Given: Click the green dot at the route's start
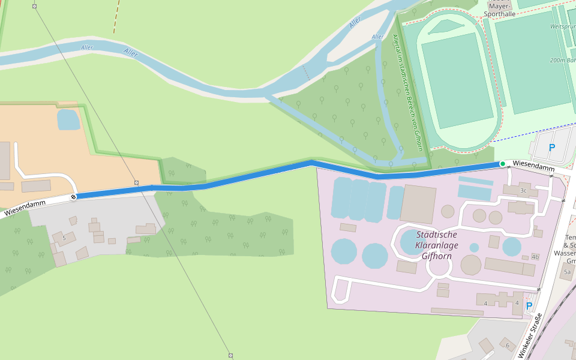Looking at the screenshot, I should click(x=503, y=164).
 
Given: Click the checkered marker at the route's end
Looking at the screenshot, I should click(x=74, y=197).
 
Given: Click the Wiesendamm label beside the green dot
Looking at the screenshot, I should click(x=533, y=166).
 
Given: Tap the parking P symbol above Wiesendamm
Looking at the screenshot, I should click(x=551, y=148).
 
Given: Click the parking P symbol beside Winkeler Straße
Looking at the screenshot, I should click(x=529, y=306).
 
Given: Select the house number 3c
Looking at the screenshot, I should click(x=523, y=191).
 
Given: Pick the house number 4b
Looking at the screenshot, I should click(x=535, y=257).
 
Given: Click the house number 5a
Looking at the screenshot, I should click(x=567, y=272).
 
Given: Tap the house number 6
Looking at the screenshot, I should click(x=507, y=346).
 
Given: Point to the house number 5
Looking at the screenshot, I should click(x=64, y=238).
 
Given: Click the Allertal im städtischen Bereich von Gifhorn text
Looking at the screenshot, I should click(x=407, y=93).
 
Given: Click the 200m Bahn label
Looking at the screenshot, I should click(x=562, y=61).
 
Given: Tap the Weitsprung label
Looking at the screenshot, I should click(x=563, y=26).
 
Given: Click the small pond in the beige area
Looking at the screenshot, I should click(x=68, y=119).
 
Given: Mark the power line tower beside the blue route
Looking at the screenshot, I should click(x=136, y=182).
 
